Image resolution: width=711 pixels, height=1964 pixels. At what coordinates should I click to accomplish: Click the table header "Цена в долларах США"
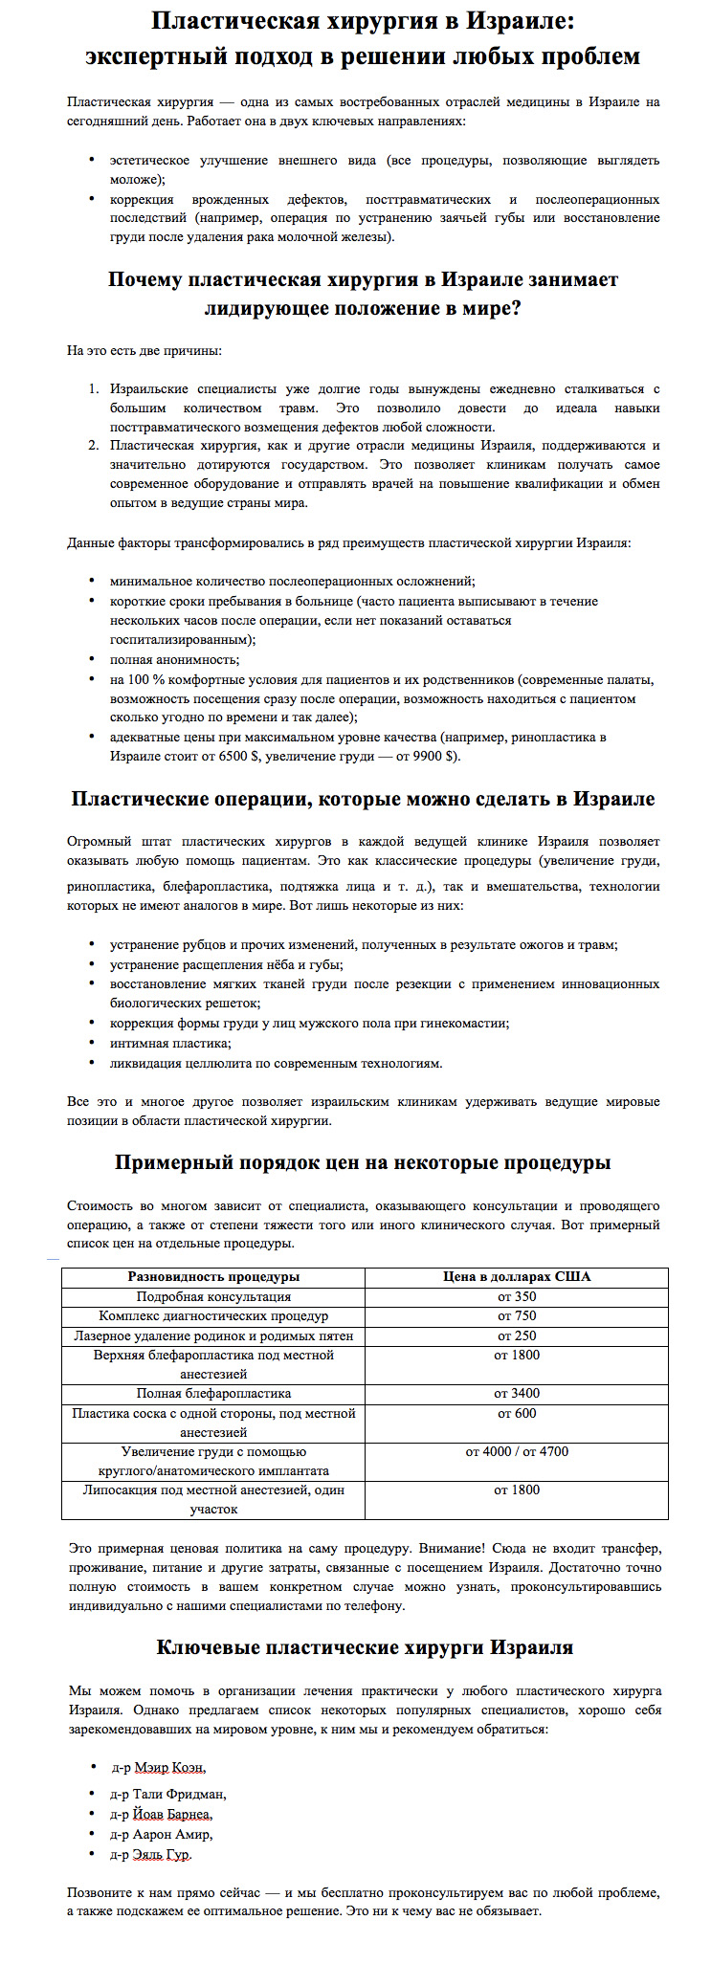517,1277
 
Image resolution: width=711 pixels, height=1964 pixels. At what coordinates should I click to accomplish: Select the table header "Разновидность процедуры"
213,1277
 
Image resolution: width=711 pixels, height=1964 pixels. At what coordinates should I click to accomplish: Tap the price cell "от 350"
517,1297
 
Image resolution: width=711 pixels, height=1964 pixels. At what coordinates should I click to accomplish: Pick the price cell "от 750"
517,1316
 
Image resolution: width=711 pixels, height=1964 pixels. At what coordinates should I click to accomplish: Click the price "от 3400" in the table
517,1394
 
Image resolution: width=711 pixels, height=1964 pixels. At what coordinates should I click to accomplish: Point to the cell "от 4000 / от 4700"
517,1451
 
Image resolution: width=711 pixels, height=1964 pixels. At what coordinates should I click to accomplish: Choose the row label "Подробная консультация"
213,1297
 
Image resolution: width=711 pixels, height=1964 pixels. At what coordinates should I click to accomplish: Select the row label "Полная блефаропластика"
213,1394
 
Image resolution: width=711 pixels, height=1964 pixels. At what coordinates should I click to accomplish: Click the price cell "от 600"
517,1413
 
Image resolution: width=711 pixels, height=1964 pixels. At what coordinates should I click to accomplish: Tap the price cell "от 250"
517,1335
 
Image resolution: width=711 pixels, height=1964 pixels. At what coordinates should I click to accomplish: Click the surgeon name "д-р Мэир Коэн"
158,1768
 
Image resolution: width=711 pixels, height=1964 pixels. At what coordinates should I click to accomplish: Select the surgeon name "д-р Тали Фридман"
168,1795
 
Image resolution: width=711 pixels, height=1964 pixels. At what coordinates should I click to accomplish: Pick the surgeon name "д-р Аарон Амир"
162,1834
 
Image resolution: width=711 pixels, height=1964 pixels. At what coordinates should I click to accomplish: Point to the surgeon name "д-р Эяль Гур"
151,1854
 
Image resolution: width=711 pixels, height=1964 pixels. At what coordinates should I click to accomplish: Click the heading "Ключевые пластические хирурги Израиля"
365,1647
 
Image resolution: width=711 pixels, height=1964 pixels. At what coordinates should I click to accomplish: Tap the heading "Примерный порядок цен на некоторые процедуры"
363,1163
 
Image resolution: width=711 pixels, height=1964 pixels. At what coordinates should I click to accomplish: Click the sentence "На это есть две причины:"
144,350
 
